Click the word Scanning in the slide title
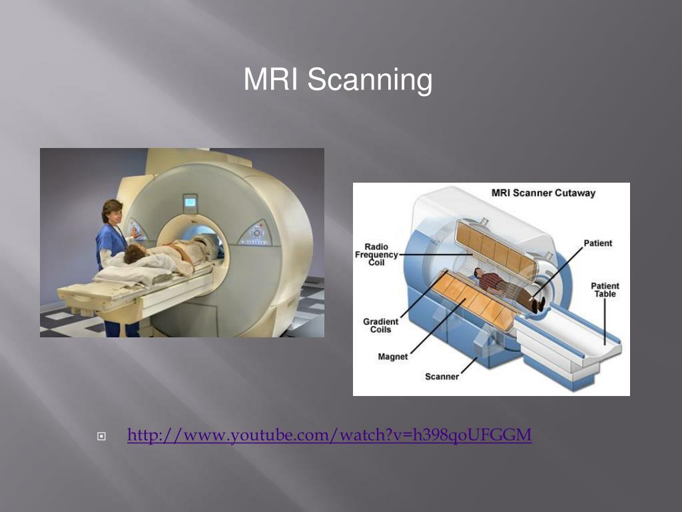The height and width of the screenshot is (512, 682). click(x=370, y=80)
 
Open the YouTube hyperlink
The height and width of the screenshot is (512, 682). click(x=329, y=435)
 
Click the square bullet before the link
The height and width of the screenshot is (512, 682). click(x=101, y=436)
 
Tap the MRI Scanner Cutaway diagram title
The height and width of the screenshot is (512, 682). click(x=543, y=193)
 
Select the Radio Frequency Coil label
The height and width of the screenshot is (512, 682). click(x=376, y=255)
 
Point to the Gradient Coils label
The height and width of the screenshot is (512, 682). click(x=380, y=325)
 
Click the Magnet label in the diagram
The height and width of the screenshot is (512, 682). click(x=393, y=357)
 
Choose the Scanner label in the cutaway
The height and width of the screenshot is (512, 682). click(x=442, y=377)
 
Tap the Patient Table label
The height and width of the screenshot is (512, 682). click(x=605, y=290)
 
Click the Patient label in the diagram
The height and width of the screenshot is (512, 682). click(x=597, y=243)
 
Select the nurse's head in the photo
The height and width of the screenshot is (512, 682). click(x=112, y=211)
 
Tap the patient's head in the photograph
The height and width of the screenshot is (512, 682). click(x=133, y=253)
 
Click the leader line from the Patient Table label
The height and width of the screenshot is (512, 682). click(x=605, y=322)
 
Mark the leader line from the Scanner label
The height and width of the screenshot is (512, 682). click(x=469, y=365)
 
